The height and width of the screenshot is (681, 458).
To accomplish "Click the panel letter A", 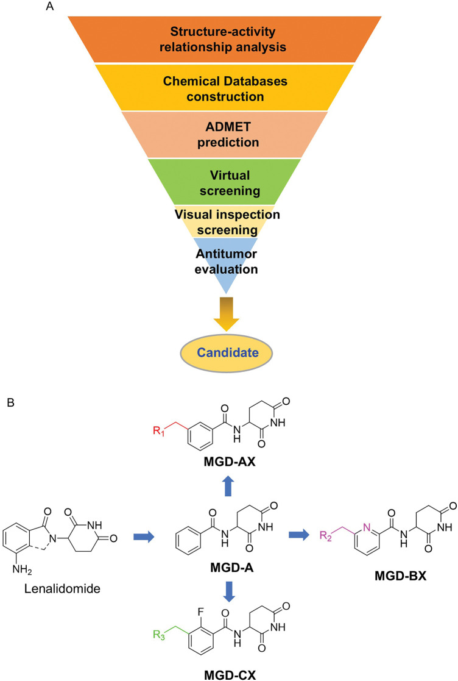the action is point(50,7).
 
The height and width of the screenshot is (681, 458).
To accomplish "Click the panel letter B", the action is point(11,402).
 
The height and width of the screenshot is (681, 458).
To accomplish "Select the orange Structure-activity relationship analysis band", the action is point(224,39).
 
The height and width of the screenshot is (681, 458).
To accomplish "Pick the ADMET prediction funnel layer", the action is point(224,135).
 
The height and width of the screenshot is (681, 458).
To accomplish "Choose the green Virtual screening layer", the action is point(224,182).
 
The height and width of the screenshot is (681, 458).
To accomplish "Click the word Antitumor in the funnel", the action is point(226,254).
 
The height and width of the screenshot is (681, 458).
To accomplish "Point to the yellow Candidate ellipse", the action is point(227,352).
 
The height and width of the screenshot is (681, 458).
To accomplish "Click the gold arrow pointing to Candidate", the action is point(227,314).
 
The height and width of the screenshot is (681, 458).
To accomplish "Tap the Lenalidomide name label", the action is point(62,589).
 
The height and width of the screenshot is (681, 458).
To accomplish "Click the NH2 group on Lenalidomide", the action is point(22,568).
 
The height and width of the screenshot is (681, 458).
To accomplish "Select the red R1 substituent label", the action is point(159,431).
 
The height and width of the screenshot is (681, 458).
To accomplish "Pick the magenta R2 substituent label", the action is point(326,535).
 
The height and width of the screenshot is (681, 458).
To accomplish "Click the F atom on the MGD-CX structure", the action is point(201,612).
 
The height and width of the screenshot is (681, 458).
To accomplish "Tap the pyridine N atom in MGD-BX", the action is point(367,528).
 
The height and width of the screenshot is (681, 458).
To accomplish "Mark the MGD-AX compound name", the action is point(230,462).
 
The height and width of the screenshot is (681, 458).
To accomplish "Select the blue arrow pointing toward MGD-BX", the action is point(299,534).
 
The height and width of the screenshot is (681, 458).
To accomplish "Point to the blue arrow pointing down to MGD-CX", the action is point(229,591).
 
